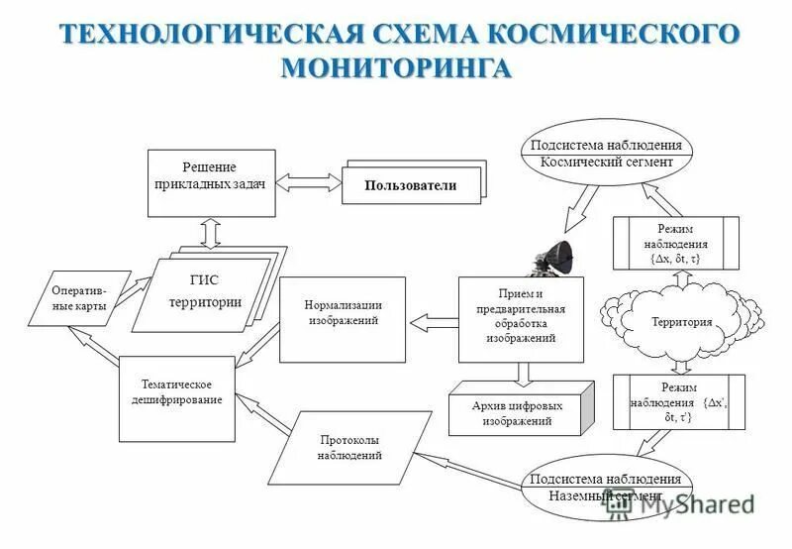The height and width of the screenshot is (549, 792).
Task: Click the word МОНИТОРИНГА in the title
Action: pyautogui.click(x=396, y=68)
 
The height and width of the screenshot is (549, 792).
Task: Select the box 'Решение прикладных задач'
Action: pyautogui.click(x=211, y=182)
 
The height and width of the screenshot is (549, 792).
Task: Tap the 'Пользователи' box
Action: pyautogui.click(x=410, y=185)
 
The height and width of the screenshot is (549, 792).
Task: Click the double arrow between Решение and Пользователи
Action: pyautogui.click(x=308, y=181)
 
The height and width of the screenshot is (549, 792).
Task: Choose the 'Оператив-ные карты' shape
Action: pyautogui.click(x=83, y=298)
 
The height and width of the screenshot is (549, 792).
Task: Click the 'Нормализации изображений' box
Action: pyautogui.click(x=343, y=318)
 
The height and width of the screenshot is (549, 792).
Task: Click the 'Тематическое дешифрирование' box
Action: pyautogui.click(x=176, y=396)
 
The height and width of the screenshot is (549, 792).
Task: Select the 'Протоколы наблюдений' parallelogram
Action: pyautogui.click(x=347, y=447)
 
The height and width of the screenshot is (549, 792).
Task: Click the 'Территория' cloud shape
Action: pyautogui.click(x=682, y=321)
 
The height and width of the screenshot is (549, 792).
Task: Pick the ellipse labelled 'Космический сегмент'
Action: pyautogui.click(x=607, y=154)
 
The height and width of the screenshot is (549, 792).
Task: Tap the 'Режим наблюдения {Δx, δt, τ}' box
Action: pyautogui.click(x=675, y=243)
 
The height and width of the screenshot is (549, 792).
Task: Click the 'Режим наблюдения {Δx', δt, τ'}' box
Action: pyautogui.click(x=676, y=402)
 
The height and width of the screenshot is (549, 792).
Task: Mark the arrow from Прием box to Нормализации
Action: pyautogui.click(x=434, y=319)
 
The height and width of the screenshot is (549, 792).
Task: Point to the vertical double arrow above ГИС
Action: pyautogui.click(x=211, y=231)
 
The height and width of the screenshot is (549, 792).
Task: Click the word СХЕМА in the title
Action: pyautogui.click(x=415, y=33)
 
